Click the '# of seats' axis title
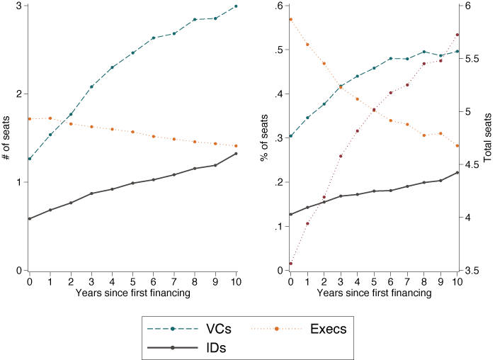6,138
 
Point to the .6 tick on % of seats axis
278,6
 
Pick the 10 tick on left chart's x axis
236,281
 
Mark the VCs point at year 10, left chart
236,6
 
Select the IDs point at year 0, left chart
29,219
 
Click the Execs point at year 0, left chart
29,118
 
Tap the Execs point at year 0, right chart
290,19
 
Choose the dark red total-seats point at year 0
290,264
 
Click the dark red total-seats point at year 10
457,35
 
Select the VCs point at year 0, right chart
290,136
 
